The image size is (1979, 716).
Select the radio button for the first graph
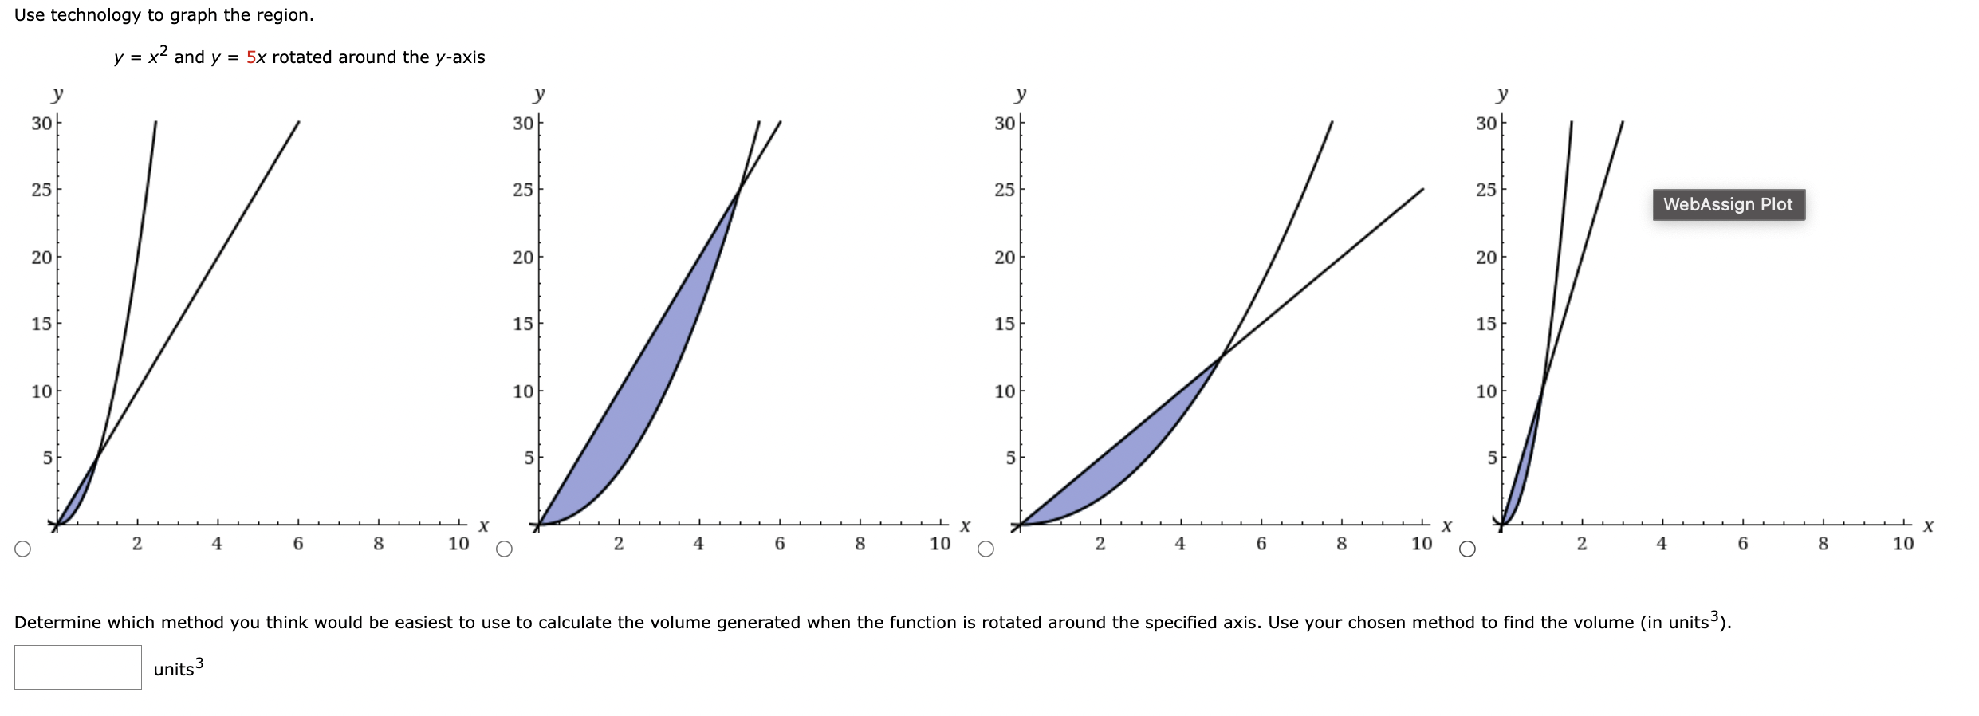pos(22,549)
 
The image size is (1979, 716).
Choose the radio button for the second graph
pos(504,549)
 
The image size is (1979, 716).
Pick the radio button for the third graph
pos(986,549)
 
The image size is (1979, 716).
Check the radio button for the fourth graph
pos(1467,549)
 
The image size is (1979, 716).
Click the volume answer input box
pos(78,667)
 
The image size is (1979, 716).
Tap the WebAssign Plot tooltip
pos(1728,205)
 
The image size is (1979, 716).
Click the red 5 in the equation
pos(251,57)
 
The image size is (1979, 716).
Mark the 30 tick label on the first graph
pos(41,124)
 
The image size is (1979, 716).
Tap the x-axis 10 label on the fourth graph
pos(1902,544)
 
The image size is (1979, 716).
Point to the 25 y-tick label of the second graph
pos(523,190)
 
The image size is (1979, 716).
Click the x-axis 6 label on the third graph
pos(1261,544)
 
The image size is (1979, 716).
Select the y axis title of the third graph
pos(1021,94)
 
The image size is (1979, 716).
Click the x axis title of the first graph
pos(483,526)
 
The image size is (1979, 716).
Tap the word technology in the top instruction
pos(96,15)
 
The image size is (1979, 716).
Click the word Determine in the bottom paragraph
pos(57,623)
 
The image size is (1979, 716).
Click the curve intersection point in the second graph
pos(739,190)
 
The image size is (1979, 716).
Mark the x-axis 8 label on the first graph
pos(378,544)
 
